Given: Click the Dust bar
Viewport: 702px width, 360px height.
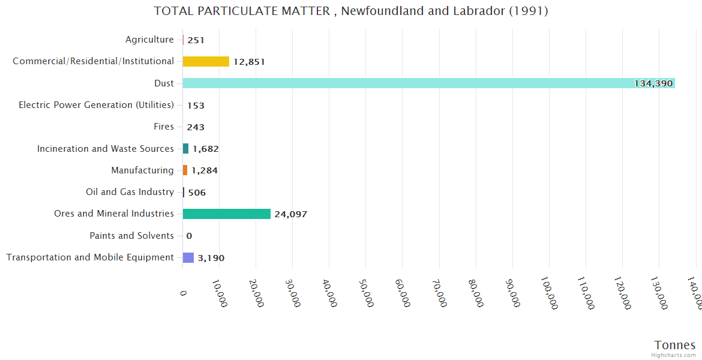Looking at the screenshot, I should (x=428, y=83).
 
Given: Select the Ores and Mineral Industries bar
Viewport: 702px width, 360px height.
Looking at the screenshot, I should (x=227, y=214).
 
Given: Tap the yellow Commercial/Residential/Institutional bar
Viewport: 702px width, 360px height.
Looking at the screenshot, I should (x=206, y=61).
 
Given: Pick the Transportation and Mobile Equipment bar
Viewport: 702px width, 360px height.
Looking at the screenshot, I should (x=188, y=257).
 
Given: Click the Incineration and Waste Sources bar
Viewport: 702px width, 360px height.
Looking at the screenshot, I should (x=185, y=148).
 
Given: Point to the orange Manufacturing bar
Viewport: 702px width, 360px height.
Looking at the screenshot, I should (x=185, y=170).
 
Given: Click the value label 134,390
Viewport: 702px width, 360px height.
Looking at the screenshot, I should (x=653, y=83).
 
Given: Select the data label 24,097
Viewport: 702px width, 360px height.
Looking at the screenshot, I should (x=291, y=214).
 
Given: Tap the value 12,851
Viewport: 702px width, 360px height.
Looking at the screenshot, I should (x=249, y=62).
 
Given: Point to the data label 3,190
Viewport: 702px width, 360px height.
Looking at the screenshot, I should (x=211, y=258).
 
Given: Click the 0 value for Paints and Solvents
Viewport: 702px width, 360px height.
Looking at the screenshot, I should (x=189, y=236).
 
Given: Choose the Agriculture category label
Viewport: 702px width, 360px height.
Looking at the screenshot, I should (x=149, y=40).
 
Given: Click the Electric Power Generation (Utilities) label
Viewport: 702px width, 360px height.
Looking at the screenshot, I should (x=96, y=105).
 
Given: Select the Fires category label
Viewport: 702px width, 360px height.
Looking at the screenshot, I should (x=164, y=127).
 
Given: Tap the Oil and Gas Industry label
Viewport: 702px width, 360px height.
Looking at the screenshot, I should (x=130, y=192).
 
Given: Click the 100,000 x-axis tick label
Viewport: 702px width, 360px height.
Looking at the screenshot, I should (x=549, y=293).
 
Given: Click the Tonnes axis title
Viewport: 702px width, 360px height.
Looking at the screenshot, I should (x=674, y=345).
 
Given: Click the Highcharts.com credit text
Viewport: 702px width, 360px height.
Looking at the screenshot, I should (x=673, y=355).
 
